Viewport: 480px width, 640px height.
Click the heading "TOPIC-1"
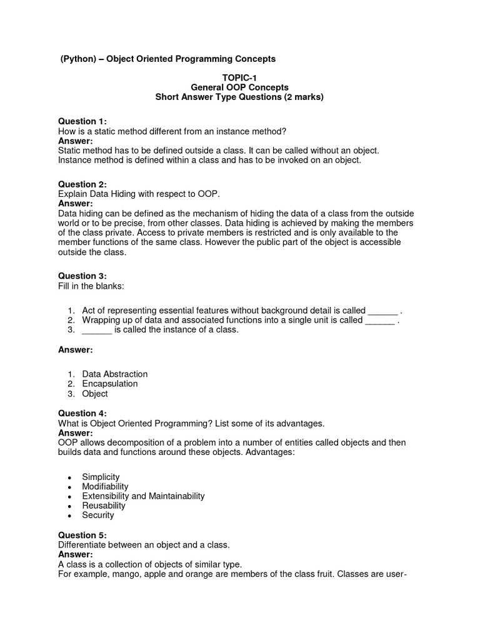239,77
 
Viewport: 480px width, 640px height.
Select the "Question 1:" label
82,121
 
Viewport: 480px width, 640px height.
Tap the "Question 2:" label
82,184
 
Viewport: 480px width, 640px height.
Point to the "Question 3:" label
82,276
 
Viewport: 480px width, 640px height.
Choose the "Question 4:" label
82,413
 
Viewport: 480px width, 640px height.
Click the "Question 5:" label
82,535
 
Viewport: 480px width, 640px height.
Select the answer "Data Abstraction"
115,374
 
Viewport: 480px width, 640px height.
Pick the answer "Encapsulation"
110,384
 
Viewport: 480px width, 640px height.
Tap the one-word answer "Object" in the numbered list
95,394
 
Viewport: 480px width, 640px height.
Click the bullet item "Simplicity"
101,477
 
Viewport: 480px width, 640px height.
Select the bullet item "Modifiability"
105,486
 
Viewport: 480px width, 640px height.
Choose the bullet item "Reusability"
104,506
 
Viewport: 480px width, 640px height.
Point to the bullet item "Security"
98,515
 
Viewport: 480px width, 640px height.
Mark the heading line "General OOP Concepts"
239,87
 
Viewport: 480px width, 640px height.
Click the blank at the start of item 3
97,330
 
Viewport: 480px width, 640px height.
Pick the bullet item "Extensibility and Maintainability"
143,496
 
